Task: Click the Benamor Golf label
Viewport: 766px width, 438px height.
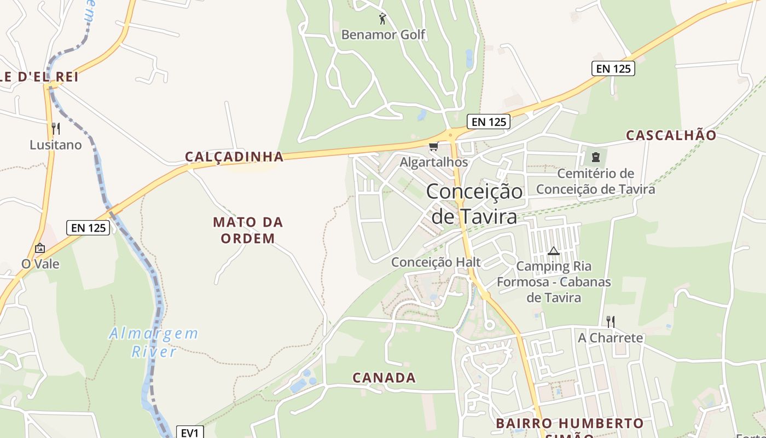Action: click(383, 34)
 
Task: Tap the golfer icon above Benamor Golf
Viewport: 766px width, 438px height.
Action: click(382, 19)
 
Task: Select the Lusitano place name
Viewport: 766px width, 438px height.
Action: click(56, 145)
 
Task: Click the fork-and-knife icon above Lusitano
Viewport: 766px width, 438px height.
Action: click(55, 129)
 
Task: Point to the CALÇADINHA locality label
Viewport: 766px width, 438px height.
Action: click(234, 157)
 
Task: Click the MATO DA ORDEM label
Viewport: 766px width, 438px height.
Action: click(248, 230)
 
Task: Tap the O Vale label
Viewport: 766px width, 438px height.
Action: click(40, 264)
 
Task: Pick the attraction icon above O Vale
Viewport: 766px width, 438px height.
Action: click(39, 248)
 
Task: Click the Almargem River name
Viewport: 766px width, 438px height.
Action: click(154, 342)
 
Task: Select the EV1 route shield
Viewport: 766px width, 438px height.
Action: click(189, 433)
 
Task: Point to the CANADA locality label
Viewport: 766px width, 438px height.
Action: click(384, 378)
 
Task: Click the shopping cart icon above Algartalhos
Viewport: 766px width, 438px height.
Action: click(434, 146)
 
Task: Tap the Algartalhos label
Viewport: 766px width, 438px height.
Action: click(434, 162)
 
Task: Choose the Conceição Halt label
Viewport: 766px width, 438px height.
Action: click(436, 262)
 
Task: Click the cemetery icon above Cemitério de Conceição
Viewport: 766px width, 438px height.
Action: click(595, 157)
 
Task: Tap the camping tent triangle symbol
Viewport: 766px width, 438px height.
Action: click(553, 251)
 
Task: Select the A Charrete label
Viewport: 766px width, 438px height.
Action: click(611, 338)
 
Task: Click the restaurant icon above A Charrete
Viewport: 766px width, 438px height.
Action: click(611, 321)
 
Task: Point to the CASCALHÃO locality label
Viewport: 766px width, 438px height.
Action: click(671, 135)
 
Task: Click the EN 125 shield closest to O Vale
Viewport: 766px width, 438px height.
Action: click(88, 228)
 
